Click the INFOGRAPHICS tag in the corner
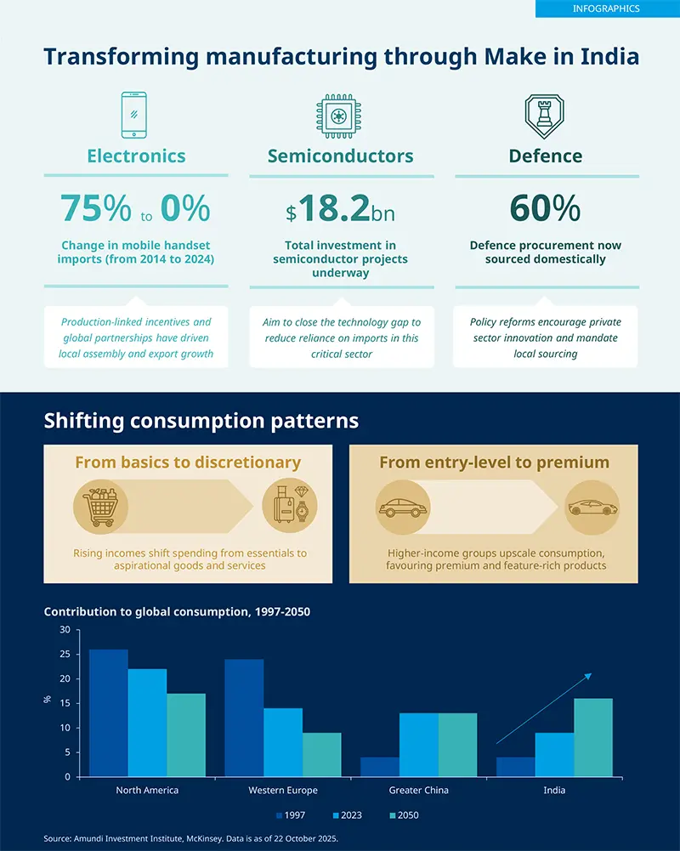click(606, 9)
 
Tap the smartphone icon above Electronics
click(133, 115)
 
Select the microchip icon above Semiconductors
click(340, 116)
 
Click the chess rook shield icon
click(545, 116)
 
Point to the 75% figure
click(95, 208)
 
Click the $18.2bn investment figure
click(340, 209)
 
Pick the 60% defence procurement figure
click(545, 208)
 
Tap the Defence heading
click(545, 156)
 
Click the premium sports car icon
click(592, 508)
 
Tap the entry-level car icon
click(403, 508)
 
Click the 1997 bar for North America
click(108, 712)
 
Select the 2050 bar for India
click(592, 737)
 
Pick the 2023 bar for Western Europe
click(282, 742)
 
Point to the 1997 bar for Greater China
click(379, 766)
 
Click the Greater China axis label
click(418, 791)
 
